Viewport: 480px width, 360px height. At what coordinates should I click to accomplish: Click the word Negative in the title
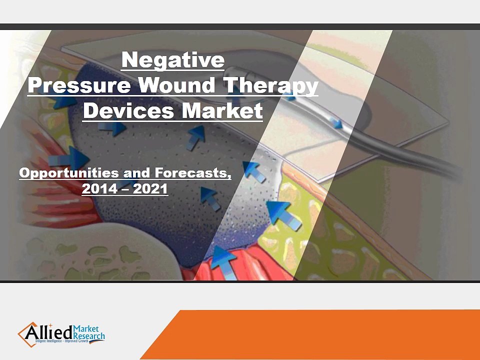173,60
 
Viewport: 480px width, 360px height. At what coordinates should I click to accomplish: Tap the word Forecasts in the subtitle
192,173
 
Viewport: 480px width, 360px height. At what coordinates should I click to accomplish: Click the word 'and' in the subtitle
138,173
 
